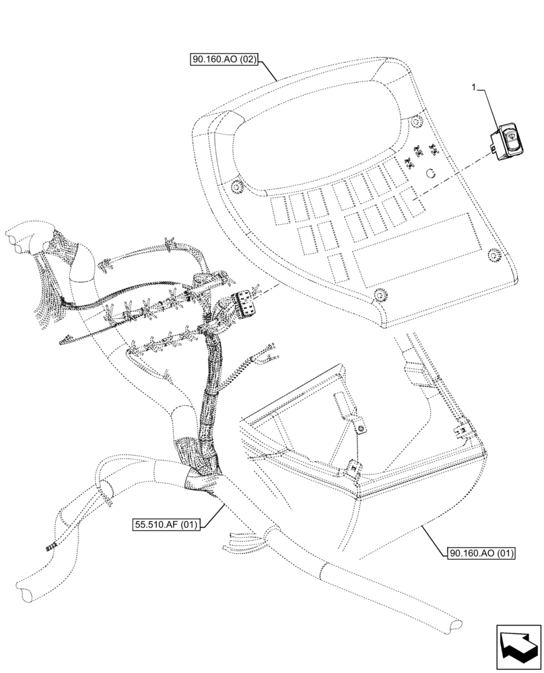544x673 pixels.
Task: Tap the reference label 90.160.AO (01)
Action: (480, 553)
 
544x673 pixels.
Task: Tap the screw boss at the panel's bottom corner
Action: (378, 293)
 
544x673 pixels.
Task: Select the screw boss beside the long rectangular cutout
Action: (493, 253)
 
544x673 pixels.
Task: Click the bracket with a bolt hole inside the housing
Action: (360, 423)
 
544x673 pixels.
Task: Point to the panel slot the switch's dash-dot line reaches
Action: (410, 199)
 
